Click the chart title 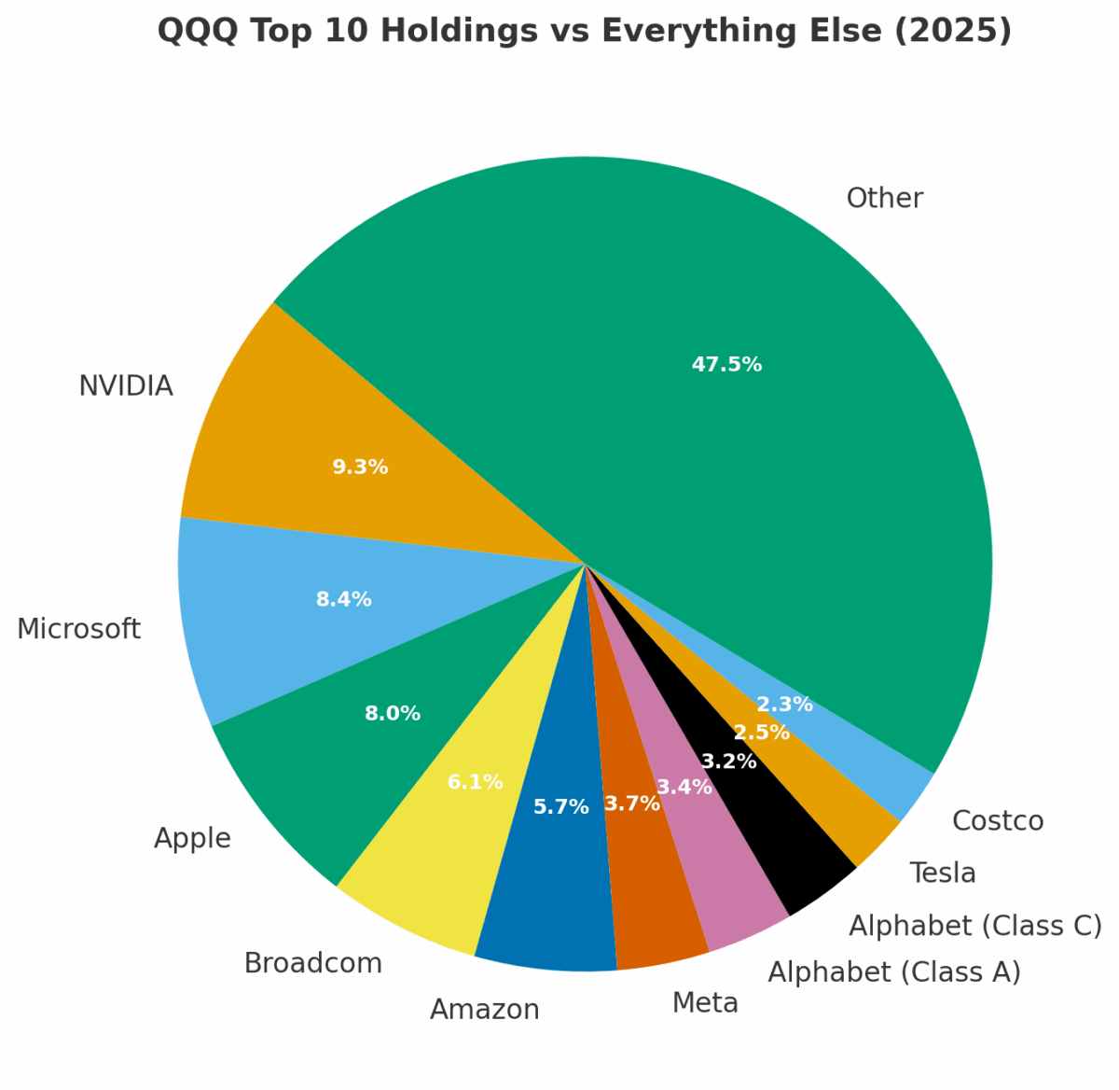(584, 31)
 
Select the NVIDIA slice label (126, 385)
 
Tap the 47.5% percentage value (726, 365)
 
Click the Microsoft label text (78, 629)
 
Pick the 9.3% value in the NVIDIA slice (360, 467)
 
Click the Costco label (998, 821)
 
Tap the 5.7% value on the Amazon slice (560, 807)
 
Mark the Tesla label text (943, 873)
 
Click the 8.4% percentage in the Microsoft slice (343, 599)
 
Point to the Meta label (705, 1003)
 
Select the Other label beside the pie (884, 199)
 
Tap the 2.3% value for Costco (784, 705)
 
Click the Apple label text (192, 838)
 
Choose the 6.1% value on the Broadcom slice (475, 782)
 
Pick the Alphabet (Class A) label (893, 972)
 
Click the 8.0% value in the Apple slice (392, 714)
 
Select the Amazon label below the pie (484, 1010)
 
